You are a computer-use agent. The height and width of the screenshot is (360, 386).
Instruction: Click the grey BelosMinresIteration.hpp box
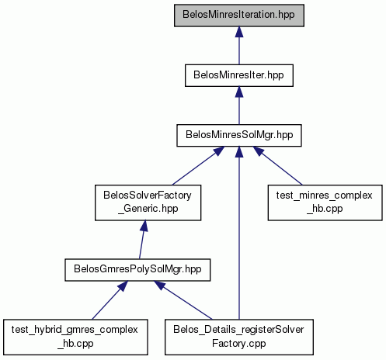(239, 16)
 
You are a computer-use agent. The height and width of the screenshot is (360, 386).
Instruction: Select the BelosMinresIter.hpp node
(239, 75)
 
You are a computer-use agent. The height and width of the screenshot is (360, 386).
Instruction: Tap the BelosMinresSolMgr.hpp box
(239, 136)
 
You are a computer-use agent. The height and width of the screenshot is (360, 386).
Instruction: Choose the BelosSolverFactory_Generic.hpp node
(148, 202)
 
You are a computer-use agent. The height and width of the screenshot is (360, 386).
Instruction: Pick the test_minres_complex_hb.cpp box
(325, 202)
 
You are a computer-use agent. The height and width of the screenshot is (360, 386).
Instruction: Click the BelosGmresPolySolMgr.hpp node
(137, 270)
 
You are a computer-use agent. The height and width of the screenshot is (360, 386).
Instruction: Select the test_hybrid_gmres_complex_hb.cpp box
(75, 337)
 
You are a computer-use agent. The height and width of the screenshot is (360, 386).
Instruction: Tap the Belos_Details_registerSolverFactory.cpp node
(239, 337)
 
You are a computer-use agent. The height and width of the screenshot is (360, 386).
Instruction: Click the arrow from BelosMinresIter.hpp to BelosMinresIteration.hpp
(239, 46)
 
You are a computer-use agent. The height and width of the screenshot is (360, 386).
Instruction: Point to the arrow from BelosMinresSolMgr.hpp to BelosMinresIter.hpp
(239, 106)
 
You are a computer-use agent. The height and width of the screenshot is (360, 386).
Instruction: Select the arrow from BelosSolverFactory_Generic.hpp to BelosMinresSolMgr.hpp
(198, 166)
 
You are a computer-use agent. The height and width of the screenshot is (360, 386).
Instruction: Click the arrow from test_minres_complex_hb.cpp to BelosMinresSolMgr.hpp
(277, 166)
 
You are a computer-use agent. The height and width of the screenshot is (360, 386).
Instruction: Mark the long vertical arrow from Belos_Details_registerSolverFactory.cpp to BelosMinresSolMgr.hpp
(239, 233)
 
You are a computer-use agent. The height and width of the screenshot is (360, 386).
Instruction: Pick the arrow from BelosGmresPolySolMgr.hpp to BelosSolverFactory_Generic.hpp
(142, 240)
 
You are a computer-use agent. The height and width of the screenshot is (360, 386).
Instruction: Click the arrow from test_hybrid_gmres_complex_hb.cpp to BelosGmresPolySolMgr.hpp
(110, 300)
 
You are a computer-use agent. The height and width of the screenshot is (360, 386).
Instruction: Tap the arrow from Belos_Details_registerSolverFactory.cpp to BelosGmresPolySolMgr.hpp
(183, 300)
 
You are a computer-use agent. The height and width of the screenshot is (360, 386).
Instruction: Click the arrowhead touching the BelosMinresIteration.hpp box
(239, 32)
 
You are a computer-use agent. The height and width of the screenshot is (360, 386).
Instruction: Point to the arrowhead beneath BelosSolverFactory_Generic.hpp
(144, 226)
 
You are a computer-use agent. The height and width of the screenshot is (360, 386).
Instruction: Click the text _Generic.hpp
(148, 209)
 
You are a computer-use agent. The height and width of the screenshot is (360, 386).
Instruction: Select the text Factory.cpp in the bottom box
(239, 344)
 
